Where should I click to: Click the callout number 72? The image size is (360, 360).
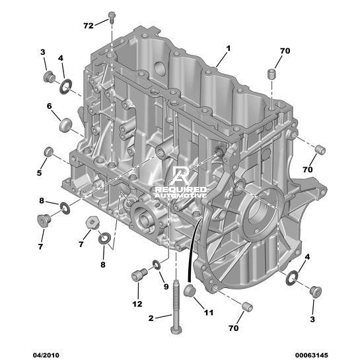coord(89,26)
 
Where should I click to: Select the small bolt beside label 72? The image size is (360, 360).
coord(112,17)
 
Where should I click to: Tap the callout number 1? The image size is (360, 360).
coord(228,48)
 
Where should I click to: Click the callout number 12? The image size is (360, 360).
coord(137,304)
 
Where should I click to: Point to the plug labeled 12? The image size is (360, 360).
coord(139,274)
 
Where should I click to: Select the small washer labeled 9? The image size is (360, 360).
coord(157,265)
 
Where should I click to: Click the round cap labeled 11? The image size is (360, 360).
coord(190,291)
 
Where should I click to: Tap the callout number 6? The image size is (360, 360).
coord(49,106)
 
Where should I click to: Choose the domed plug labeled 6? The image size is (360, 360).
coord(66,125)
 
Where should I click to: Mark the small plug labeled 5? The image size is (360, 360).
coord(49,152)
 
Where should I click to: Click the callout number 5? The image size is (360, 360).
coord(39,172)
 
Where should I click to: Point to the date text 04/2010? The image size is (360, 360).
coord(46,355)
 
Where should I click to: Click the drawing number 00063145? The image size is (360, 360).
coord(312,355)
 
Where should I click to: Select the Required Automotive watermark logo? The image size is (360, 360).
coord(181,182)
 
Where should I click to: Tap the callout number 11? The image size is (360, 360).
coord(209,312)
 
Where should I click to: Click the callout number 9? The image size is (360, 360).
coord(166,287)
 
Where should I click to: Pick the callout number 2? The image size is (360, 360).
coord(151,318)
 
